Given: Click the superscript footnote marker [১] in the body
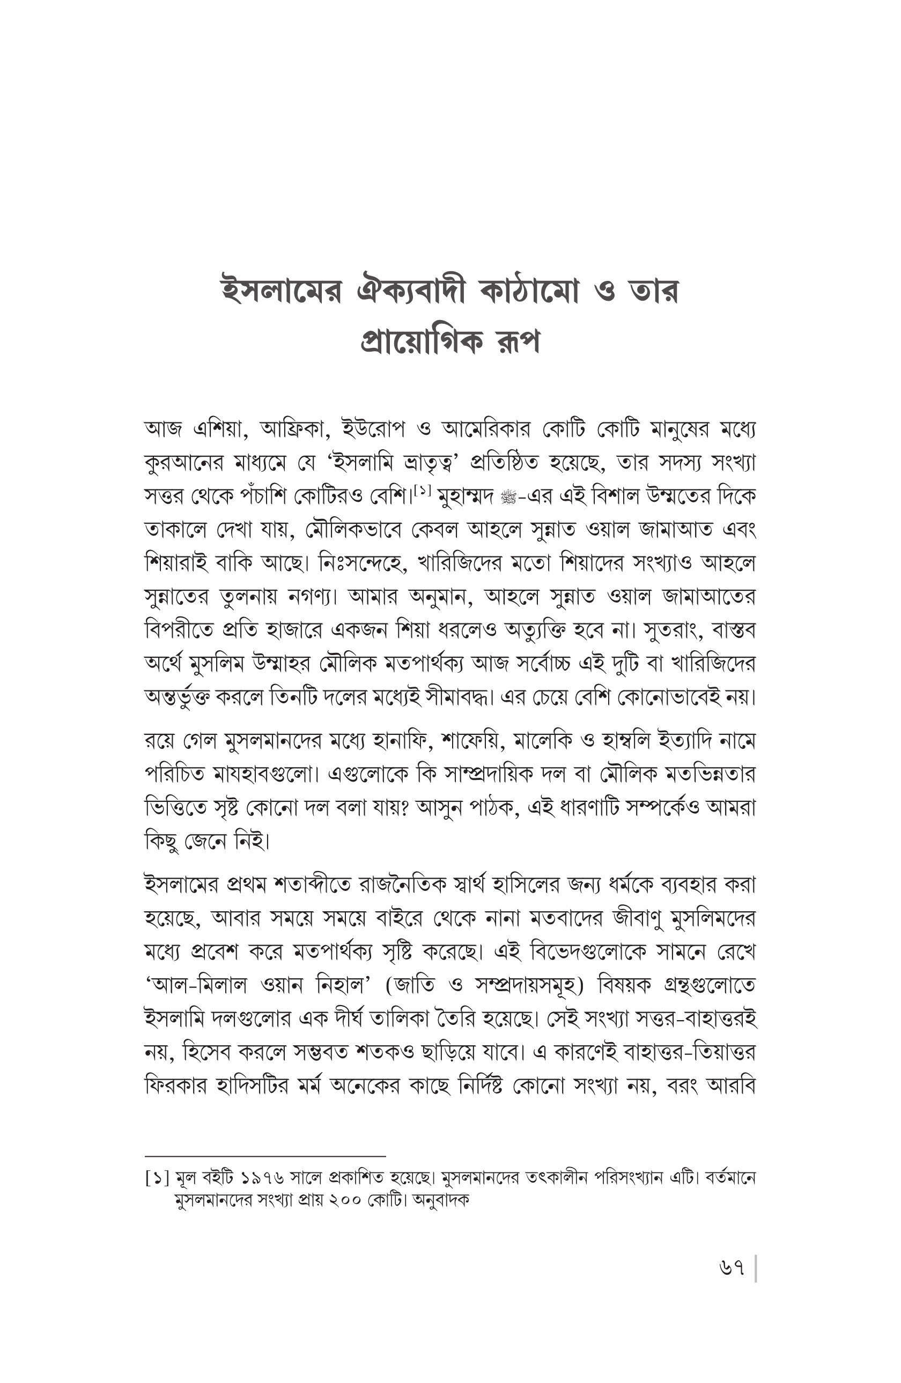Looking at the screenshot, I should tap(422, 491).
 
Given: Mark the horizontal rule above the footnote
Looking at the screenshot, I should tap(265, 1157).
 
